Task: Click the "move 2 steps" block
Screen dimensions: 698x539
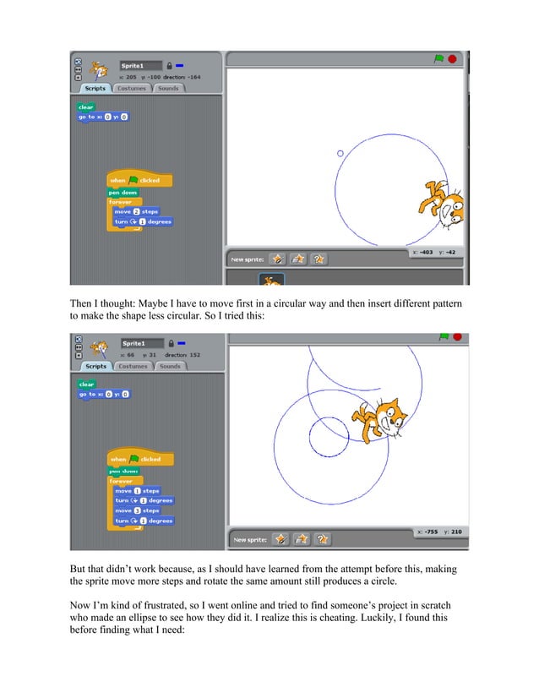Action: click(135, 211)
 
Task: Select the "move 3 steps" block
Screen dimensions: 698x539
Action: click(136, 510)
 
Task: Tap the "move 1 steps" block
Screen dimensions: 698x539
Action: click(136, 490)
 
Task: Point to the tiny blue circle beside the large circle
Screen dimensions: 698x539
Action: click(340, 153)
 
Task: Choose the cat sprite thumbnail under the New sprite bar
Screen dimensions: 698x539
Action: click(272, 281)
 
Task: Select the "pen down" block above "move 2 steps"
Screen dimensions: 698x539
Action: click(122, 192)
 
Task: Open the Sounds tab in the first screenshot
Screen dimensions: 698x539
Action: click(168, 88)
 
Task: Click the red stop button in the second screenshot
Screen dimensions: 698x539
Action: click(452, 338)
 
